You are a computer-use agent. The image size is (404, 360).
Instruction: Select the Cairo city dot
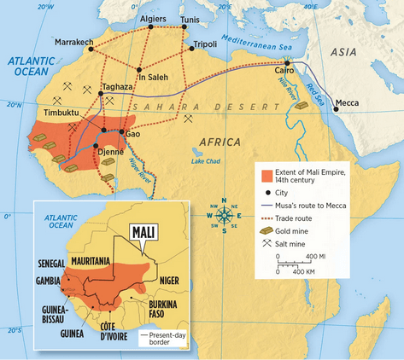point(287,63)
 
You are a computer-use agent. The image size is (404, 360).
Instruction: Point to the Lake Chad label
point(207,161)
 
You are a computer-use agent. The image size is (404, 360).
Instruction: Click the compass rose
point(225,216)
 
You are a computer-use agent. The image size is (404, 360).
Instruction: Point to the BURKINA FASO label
point(161,308)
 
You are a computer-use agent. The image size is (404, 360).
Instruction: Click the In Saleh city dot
point(139,70)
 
